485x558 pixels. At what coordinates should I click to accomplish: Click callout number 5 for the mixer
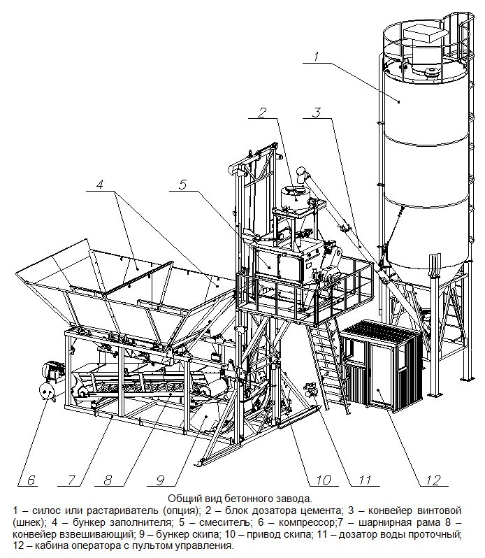(x=183, y=185)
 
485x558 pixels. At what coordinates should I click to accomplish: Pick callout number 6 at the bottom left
(x=31, y=480)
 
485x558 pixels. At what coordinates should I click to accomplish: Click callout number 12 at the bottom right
(x=433, y=480)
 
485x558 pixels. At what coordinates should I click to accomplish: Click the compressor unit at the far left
(x=50, y=381)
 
